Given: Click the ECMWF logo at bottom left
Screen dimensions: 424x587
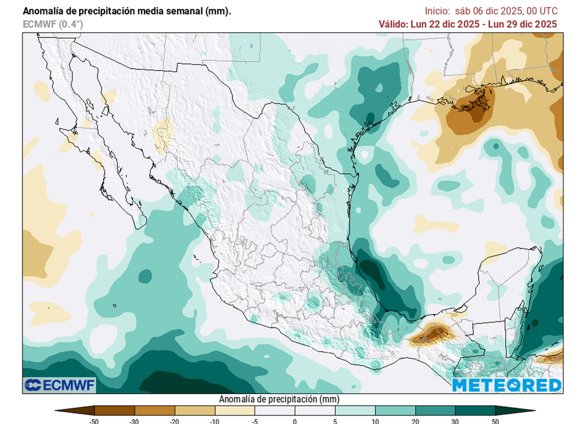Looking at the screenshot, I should pos(60,384).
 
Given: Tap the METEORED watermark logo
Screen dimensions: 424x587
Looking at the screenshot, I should pos(507,385).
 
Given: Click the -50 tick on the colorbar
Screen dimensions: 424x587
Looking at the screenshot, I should pos(95,421).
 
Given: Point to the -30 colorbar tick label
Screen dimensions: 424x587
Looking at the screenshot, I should pos(135,421).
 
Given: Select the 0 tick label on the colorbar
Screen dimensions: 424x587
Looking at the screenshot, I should pos(295,421).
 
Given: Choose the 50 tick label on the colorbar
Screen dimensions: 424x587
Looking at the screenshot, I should pos(495,421).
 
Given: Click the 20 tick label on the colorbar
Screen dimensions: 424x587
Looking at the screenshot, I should pos(415,421).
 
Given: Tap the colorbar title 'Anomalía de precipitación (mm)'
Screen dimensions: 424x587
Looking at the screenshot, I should pos(279,399).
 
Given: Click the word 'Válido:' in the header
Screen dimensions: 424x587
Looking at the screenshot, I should pos(393,24).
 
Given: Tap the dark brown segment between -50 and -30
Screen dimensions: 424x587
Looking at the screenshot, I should pos(115,410).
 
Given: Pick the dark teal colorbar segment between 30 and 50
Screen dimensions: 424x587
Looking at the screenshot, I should pos(475,410).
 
